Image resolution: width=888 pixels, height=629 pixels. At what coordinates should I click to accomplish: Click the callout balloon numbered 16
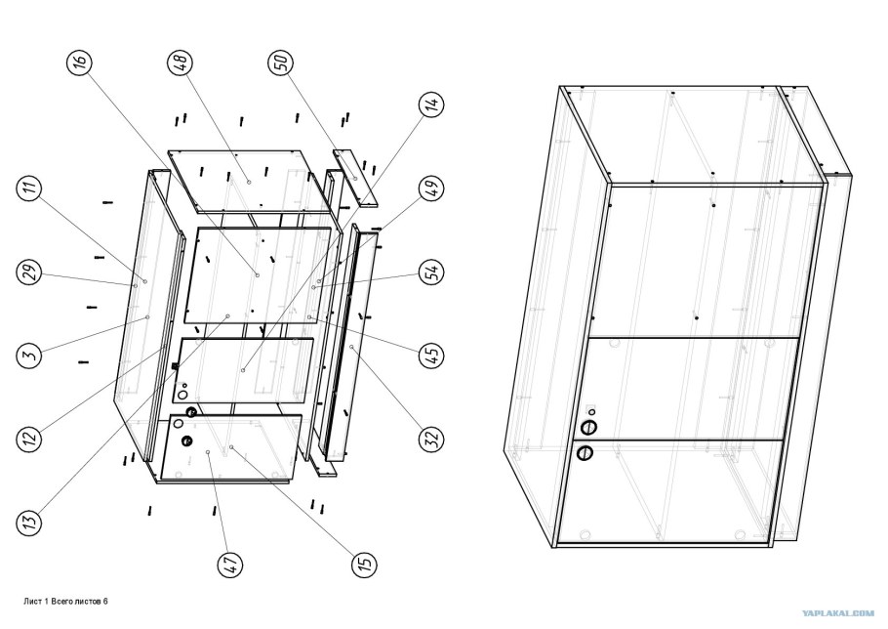80,63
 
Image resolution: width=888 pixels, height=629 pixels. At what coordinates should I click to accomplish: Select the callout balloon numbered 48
182,63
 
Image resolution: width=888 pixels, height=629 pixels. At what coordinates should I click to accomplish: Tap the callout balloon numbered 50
281,63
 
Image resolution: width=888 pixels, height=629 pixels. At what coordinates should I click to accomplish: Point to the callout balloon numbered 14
431,105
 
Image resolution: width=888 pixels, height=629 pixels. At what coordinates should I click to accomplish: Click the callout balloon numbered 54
431,272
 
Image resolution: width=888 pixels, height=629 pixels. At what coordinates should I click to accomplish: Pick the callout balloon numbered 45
431,356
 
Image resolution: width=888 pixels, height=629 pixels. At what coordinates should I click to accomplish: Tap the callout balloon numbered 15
364,564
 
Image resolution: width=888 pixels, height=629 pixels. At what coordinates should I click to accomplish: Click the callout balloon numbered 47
230,565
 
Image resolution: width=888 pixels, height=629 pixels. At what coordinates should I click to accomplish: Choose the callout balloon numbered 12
30,438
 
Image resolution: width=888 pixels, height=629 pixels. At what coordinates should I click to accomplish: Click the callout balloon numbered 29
30,272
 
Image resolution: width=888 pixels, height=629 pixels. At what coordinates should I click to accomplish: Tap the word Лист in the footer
33,602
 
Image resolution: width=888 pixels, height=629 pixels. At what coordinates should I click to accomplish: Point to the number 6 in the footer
105,602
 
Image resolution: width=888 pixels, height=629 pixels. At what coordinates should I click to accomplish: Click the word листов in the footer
89,602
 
